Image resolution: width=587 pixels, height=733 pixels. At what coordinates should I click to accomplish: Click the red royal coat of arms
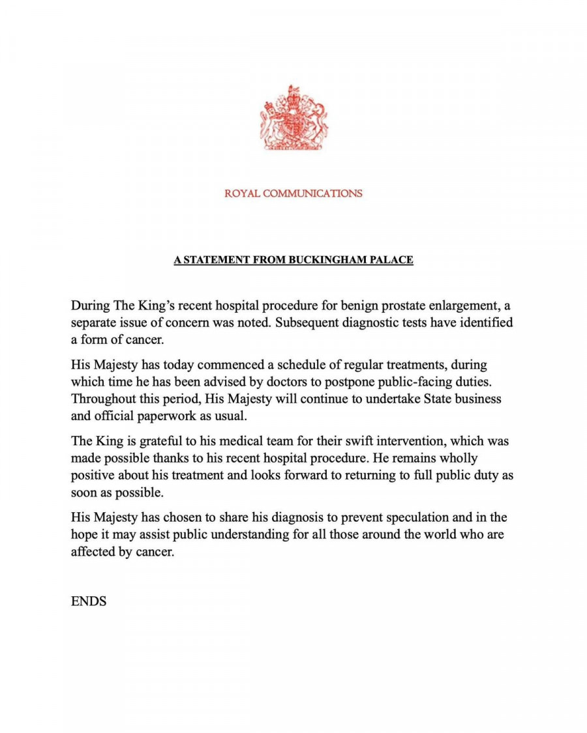point(293,118)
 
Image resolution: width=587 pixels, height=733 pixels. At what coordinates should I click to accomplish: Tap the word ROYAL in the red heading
point(242,194)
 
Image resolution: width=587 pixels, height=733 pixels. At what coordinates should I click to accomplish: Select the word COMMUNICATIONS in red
point(312,194)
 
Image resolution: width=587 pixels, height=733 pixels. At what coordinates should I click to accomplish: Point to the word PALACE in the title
point(392,260)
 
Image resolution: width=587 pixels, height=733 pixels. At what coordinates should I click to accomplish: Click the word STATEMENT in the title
point(214,260)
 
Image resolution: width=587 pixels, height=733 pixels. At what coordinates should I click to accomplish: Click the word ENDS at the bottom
point(89,601)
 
